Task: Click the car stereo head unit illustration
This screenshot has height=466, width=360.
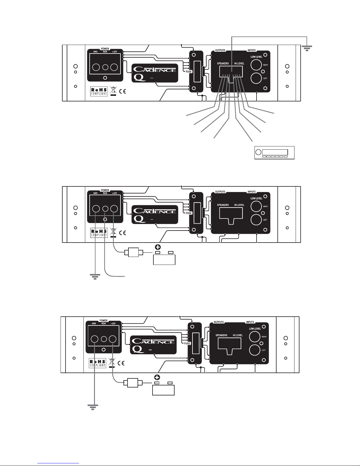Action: pyautogui.click(x=274, y=153)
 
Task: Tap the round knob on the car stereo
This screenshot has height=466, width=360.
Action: pyautogui.click(x=258, y=152)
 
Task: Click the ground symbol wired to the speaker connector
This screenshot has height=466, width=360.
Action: pyautogui.click(x=307, y=48)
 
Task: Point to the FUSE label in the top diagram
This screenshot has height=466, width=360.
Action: pyautogui.click(x=188, y=71)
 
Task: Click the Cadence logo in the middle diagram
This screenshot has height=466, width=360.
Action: pyautogui.click(x=155, y=211)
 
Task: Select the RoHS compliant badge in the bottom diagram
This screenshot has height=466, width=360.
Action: pyautogui.click(x=97, y=363)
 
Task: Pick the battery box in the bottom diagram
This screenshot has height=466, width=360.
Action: pyautogui.click(x=163, y=390)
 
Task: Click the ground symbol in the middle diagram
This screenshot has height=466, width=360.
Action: pyautogui.click(x=95, y=277)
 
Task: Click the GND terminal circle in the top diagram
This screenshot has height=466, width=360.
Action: pyautogui.click(x=96, y=67)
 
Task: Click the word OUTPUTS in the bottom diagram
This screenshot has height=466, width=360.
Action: pyautogui.click(x=219, y=322)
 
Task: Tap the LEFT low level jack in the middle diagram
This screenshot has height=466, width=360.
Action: pyautogui.click(x=256, y=220)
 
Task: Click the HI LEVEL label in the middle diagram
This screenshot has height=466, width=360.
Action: pyautogui.click(x=239, y=205)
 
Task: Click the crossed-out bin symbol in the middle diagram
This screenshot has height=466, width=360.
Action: pyautogui.click(x=113, y=231)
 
